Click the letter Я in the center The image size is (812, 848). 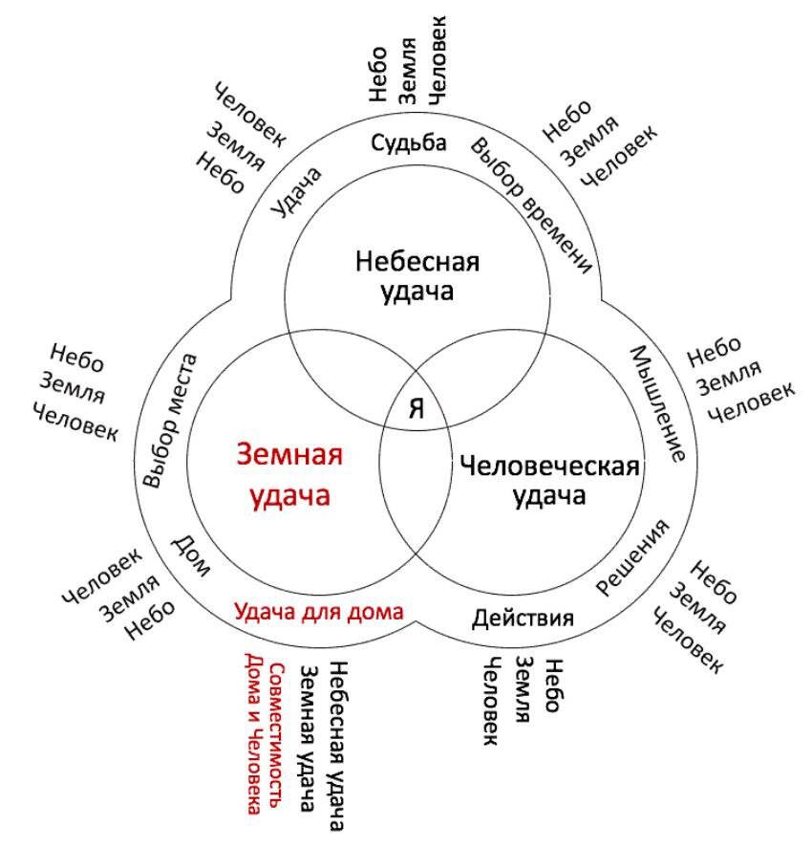tap(416, 408)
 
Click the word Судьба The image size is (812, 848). tap(409, 144)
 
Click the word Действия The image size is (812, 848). tap(523, 617)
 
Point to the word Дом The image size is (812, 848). tap(191, 555)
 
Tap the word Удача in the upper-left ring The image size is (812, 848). tap(296, 192)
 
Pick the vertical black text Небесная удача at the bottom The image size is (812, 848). tap(336, 746)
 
